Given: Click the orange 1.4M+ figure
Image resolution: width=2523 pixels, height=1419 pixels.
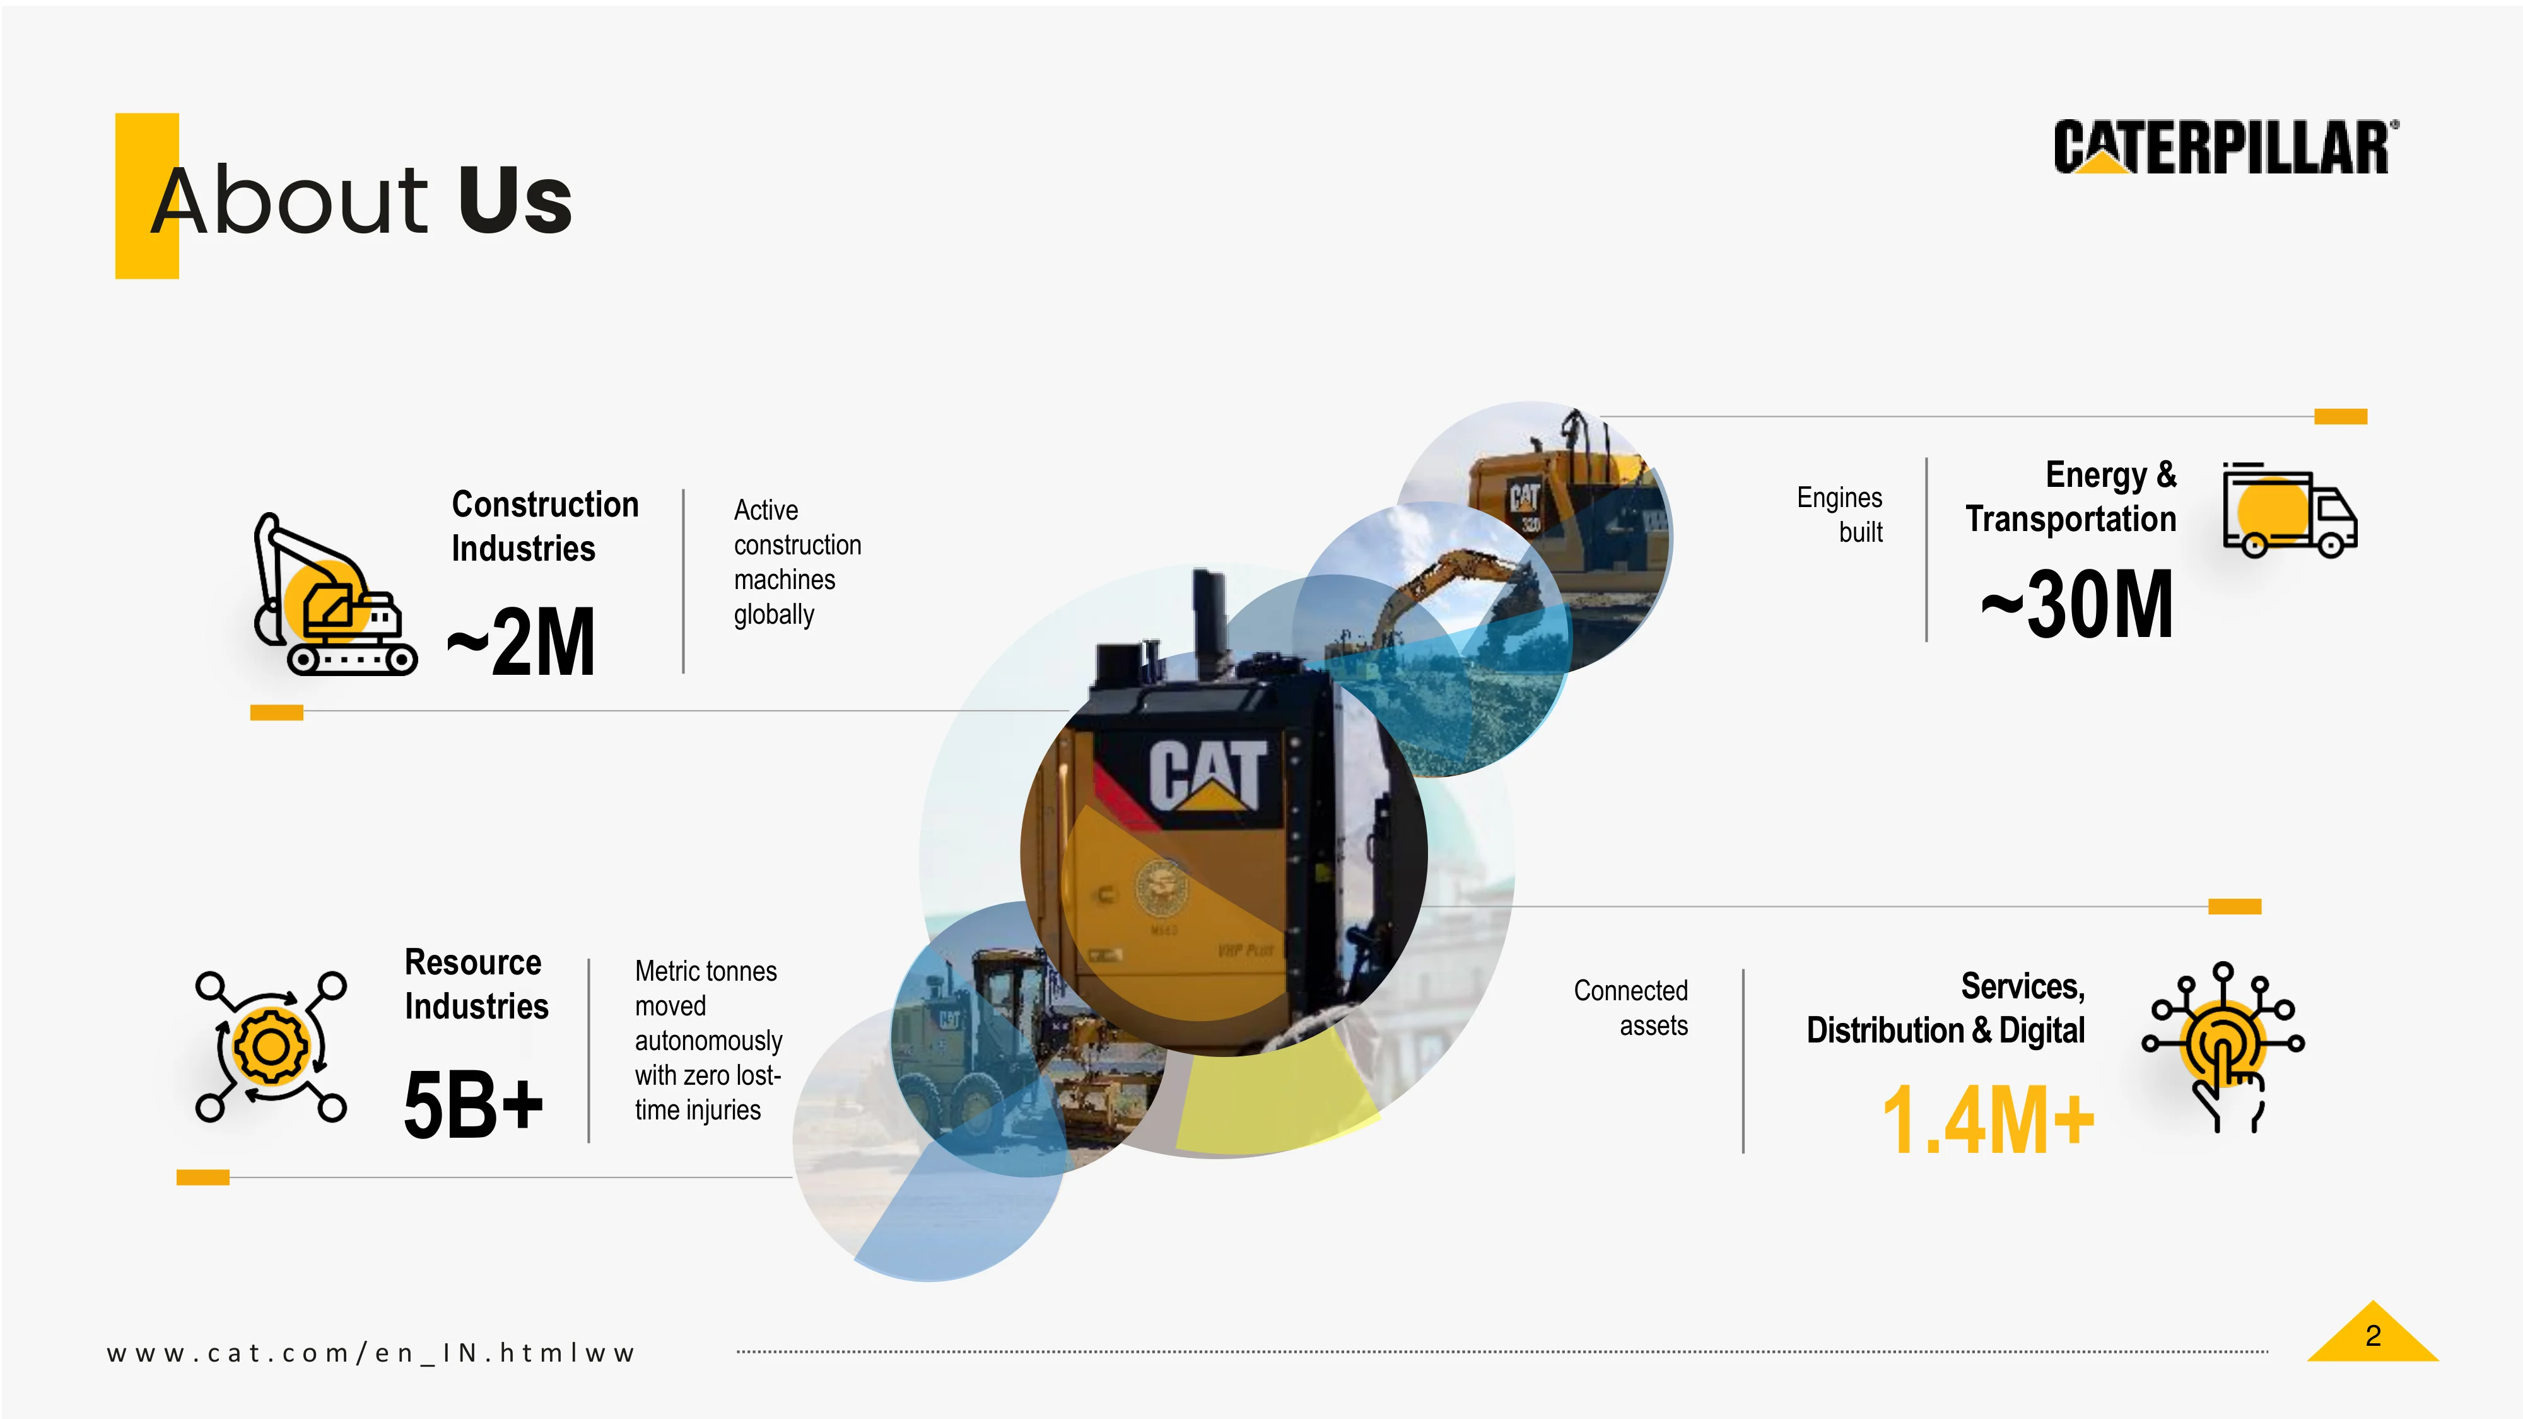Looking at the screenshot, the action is [1987, 1119].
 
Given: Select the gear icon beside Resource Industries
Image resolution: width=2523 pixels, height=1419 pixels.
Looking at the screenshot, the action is [271, 1046].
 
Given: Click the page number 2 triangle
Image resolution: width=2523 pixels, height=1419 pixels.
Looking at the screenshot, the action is [2372, 1334].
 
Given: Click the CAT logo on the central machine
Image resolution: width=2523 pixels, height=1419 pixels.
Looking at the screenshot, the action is [1208, 774].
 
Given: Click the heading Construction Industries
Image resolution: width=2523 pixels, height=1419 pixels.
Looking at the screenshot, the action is [544, 526].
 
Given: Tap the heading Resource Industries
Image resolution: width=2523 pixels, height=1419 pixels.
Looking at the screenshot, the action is [476, 984].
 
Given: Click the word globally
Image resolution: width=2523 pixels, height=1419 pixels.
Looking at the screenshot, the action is [774, 615].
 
